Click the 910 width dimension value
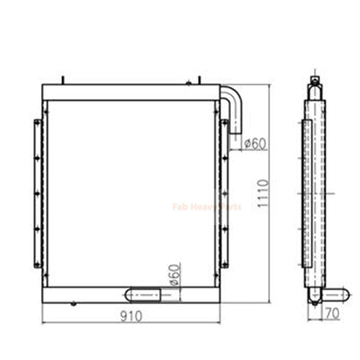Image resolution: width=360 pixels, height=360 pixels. point(131,316)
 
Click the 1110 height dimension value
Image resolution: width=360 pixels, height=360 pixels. point(263,193)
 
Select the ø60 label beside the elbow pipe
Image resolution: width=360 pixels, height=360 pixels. point(255,144)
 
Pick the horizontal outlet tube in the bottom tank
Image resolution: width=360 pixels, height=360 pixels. point(143,295)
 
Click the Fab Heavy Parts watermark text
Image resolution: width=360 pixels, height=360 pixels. point(207,207)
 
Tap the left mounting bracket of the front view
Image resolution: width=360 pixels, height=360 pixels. point(37,193)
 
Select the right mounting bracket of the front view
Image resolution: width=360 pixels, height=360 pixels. point(224,193)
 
